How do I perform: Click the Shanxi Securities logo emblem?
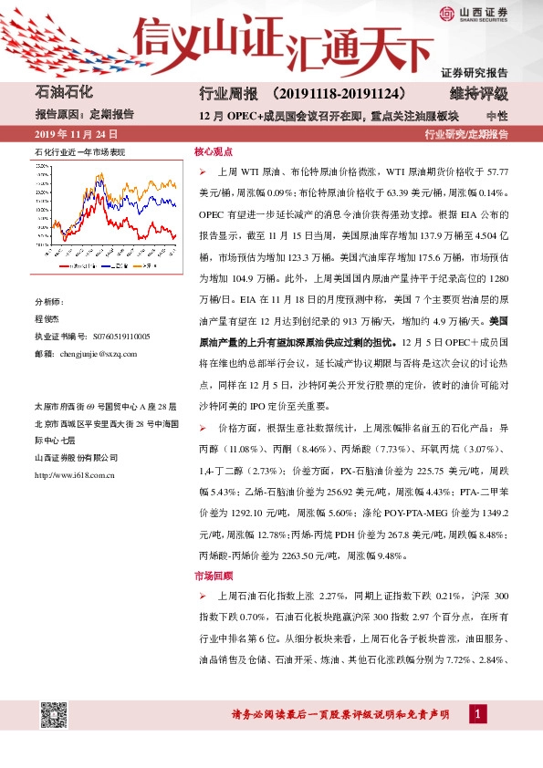(x=447, y=13)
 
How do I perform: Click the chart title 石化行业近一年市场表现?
(x=78, y=152)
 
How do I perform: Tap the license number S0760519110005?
(x=110, y=337)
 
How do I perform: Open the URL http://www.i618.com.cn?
(x=73, y=475)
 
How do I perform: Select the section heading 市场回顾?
(x=212, y=576)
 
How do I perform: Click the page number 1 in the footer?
(x=475, y=713)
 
